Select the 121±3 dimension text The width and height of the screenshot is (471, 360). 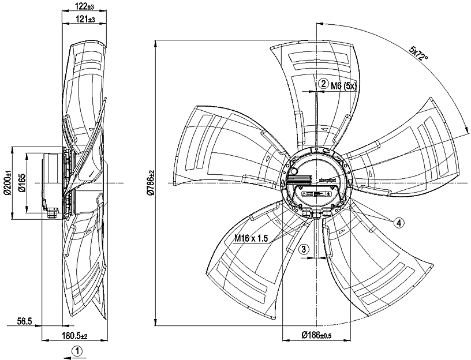coord(83,19)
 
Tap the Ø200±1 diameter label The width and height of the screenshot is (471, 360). coord(8,183)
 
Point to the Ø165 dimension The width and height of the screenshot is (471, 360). coord(23,183)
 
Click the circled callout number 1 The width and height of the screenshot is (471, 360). coord(77,350)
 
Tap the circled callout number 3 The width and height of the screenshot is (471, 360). coord(305,249)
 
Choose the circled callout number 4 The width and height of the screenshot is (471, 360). coord(398,222)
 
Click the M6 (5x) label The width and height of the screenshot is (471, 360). coord(345,85)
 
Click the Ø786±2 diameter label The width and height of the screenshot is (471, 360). coord(150,183)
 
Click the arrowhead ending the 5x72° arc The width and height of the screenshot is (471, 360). coord(466,134)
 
